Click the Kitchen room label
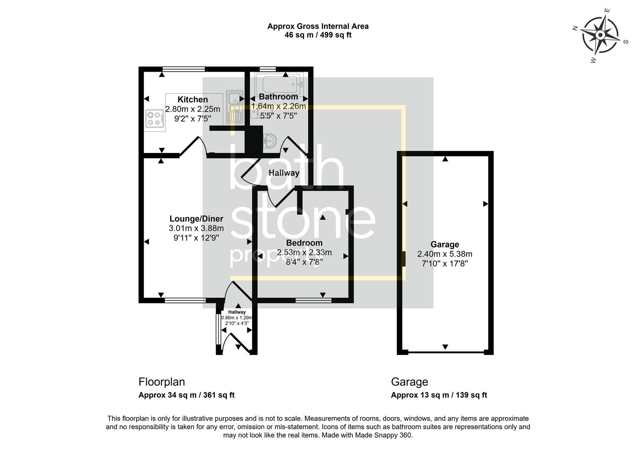pyautogui.click(x=192, y=100)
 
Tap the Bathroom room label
pyautogui.click(x=278, y=97)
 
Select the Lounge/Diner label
pyautogui.click(x=196, y=219)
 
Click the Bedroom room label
pyautogui.click(x=304, y=243)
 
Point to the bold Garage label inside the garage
pyautogui.click(x=444, y=245)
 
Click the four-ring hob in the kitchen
pyautogui.click(x=154, y=117)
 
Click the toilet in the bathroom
pyautogui.click(x=269, y=140)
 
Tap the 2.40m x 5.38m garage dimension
pyautogui.click(x=444, y=254)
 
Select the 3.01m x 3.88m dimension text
pyautogui.click(x=196, y=228)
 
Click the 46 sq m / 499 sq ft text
pyautogui.click(x=318, y=35)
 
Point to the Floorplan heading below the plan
pyautogui.click(x=162, y=382)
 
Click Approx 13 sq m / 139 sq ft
pyautogui.click(x=439, y=395)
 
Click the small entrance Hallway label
pyautogui.click(x=237, y=312)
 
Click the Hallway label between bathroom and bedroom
pyautogui.click(x=284, y=173)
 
